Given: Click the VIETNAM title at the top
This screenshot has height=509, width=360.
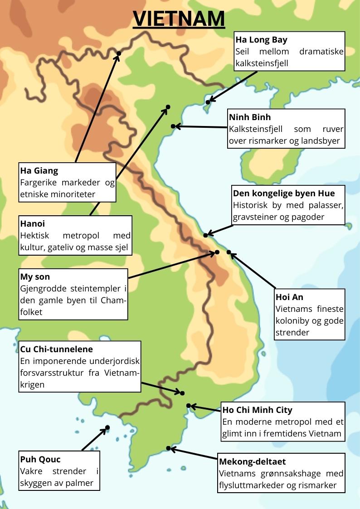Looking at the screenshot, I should coord(179,19).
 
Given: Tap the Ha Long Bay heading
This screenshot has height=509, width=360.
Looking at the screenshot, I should coord(261,39).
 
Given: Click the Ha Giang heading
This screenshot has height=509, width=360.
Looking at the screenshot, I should coord(39,171).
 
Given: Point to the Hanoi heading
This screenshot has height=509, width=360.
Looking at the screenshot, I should coord(32,223).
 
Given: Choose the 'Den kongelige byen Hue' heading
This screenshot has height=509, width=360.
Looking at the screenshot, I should coord(284,193).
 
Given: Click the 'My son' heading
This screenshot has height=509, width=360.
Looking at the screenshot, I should coord(35,276).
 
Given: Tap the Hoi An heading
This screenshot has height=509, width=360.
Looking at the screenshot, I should coord(289,297).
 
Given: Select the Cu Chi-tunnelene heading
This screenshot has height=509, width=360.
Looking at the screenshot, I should coord(56,349).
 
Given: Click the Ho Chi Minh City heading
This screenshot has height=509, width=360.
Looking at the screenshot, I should coord(257,410).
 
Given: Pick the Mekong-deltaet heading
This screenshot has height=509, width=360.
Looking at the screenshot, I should coord(252,461).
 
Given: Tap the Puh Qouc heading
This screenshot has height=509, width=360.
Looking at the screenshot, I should coord(40,459).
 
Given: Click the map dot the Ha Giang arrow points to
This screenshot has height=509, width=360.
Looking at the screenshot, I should coord(119,53).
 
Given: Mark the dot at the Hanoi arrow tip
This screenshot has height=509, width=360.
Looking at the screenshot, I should coord(168,107).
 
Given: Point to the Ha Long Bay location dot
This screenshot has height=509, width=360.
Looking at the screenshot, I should coord(208,102).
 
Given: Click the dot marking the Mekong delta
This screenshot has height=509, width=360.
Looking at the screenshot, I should coord(168,448).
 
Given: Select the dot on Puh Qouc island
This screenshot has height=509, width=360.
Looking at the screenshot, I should coord(107,427).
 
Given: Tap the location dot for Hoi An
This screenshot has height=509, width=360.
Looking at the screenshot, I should coord(229,252).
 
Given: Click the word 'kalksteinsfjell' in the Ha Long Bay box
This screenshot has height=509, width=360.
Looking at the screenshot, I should coord(262,63).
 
